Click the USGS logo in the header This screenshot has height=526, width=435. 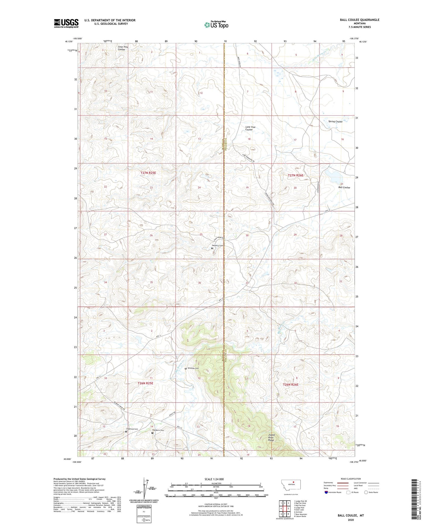pyautogui.click(x=66, y=23)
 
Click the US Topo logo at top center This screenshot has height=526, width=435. pyautogui.click(x=216, y=25)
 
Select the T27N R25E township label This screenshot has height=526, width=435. pyautogui.click(x=148, y=173)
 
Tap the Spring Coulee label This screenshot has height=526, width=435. pyautogui.click(x=335, y=122)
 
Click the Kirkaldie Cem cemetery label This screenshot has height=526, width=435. pyautogui.click(x=193, y=368)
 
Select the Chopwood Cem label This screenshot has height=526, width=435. pyautogui.click(x=132, y=429)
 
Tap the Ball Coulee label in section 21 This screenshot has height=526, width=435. pyautogui.click(x=344, y=187)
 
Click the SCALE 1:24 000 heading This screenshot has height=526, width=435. pyautogui.click(x=214, y=479)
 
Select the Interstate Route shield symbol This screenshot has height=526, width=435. pyautogui.click(x=326, y=492)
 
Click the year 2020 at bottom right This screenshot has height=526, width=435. pyautogui.click(x=351, y=520)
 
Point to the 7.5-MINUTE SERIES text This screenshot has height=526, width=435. pyautogui.click(x=360, y=27)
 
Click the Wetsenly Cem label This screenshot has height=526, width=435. pyautogui.click(x=218, y=246)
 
